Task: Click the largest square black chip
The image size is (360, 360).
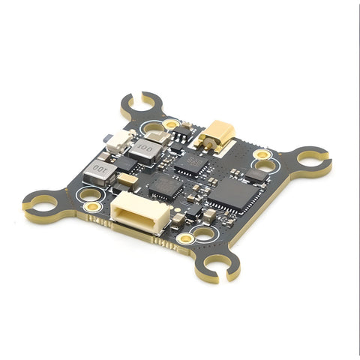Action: tap(235, 193)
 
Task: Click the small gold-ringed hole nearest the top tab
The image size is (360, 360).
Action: tap(171, 124)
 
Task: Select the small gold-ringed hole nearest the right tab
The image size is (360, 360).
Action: tap(262, 154)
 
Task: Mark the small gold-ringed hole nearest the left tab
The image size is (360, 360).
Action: tap(92, 205)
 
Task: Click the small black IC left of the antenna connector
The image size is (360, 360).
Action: tap(182, 135)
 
